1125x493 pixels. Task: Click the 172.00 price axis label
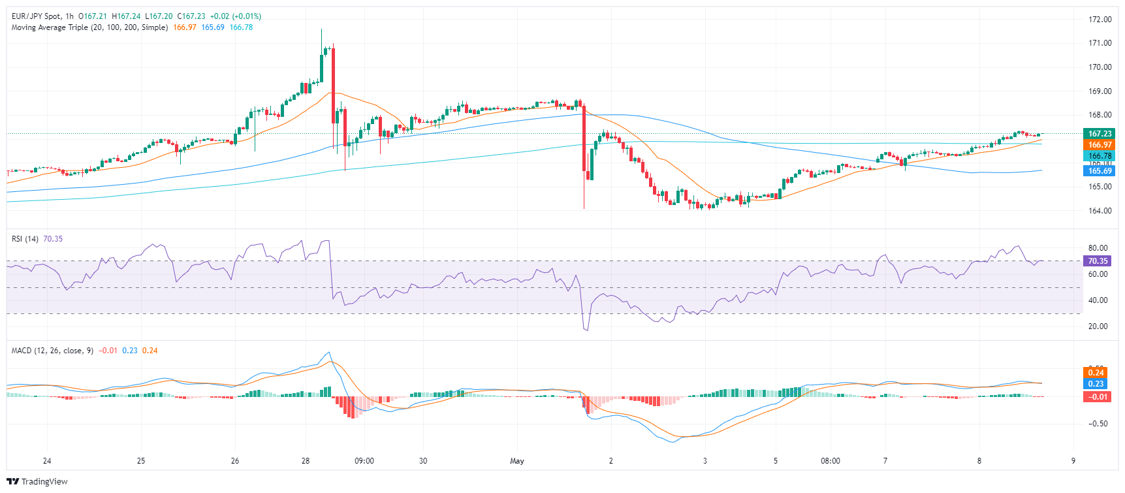1100,20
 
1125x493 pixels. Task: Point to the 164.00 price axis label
1100,211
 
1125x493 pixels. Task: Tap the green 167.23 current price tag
1100,134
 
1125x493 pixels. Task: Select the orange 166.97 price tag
1100,145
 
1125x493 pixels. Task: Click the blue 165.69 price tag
1100,171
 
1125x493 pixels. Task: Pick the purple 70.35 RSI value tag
1098,261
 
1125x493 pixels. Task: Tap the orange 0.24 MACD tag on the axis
1096,373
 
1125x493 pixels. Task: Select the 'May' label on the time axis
517,461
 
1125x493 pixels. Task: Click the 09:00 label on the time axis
364,461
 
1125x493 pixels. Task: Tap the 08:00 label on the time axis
831,461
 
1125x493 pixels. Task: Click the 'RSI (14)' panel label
25,239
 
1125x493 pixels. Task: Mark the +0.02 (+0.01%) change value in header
236,16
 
